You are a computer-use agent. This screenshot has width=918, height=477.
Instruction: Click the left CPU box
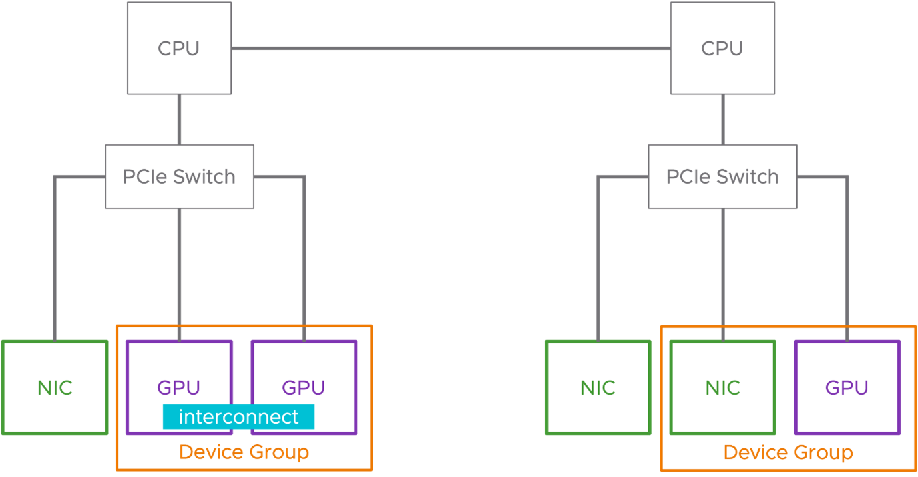tap(179, 48)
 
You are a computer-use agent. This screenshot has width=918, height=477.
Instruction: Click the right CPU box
tap(722, 48)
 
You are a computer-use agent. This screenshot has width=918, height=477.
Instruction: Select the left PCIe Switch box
tap(179, 176)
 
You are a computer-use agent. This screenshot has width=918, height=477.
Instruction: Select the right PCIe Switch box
tap(722, 176)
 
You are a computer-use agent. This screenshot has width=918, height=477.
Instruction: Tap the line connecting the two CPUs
tap(451, 48)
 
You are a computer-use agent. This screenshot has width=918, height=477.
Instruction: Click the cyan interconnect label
tap(238, 417)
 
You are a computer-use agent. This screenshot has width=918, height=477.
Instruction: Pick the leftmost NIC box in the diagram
tap(55, 387)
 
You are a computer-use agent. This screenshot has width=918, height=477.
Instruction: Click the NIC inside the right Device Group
tap(723, 387)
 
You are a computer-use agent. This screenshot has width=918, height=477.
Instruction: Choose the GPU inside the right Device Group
tap(847, 387)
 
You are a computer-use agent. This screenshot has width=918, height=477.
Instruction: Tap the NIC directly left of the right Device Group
tap(598, 387)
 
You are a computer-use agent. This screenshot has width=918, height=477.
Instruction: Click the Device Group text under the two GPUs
tap(244, 452)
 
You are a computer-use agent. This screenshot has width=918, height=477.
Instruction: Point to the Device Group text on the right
tap(788, 452)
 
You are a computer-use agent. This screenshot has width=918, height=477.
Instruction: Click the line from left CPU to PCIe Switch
tap(179, 120)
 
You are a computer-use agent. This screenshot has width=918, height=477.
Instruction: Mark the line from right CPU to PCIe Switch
tap(722, 120)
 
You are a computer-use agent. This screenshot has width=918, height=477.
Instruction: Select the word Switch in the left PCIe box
tap(204, 177)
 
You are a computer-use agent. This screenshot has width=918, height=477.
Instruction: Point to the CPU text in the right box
tap(722, 49)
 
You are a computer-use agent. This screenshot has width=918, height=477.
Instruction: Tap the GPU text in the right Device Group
tap(847, 387)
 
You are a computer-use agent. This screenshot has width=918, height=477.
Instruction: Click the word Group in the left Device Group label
tap(279, 453)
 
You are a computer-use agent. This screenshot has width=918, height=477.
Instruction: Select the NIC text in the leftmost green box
tap(55, 387)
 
